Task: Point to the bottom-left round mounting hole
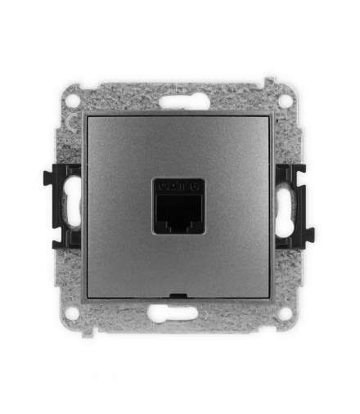(74, 313)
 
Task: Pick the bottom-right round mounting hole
(286, 313)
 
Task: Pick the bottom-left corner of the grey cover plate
(88, 298)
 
